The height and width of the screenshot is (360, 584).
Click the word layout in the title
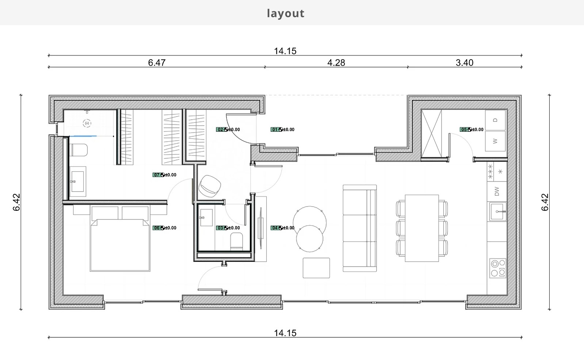[x=285, y=13]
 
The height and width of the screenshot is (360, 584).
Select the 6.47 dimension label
[x=157, y=63]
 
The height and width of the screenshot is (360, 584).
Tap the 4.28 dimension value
[x=336, y=63]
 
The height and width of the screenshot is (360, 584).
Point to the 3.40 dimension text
[x=464, y=63]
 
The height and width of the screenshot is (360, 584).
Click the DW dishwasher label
[x=497, y=191]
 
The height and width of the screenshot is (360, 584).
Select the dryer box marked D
[x=495, y=120]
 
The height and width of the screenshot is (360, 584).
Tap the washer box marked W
[x=495, y=141]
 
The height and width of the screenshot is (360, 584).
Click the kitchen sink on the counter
[x=498, y=211]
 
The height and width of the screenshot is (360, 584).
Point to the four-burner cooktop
[x=498, y=268]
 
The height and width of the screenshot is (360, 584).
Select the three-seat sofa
[x=359, y=228]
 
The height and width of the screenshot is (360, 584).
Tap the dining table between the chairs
[x=421, y=228]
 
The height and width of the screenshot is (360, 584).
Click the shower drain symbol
[x=87, y=123]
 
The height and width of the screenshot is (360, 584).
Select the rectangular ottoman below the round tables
[x=316, y=268]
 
